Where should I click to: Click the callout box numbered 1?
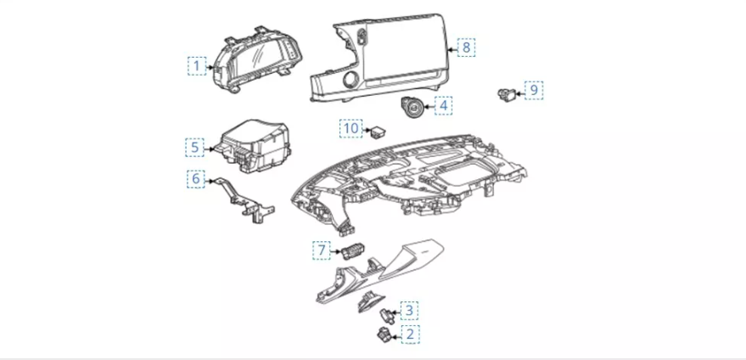coord(197,65)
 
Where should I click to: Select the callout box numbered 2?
coord(409,334)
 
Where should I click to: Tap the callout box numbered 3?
coord(408,311)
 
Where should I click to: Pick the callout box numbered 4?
coord(443,106)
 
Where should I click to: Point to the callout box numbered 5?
coord(195,147)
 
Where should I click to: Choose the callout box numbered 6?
coord(195,179)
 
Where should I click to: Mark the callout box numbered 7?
coord(322,250)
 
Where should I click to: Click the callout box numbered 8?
coord(465,48)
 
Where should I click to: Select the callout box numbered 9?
coord(533,89)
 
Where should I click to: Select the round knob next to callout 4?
coord(414,109)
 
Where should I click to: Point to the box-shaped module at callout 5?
coord(255,144)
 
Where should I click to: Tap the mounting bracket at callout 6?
coord(242,200)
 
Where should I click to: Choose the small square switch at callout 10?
coord(378,131)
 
